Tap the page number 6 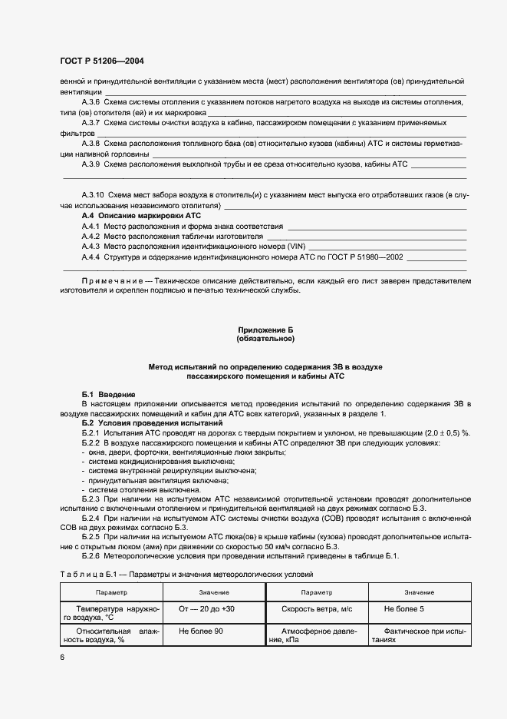pyautogui.click(x=62, y=658)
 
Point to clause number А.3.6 pyautogui.click(x=91, y=101)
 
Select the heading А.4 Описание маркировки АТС pyautogui.click(x=140, y=217)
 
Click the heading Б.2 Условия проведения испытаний pyautogui.click(x=152, y=423)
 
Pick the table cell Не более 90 pyautogui.click(x=200, y=631)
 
